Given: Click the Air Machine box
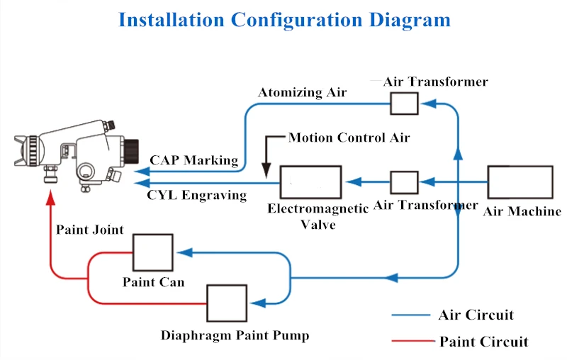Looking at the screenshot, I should pos(520,181).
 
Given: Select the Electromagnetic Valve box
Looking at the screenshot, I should pos(310,182).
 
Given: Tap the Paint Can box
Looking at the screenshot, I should pos(152,252).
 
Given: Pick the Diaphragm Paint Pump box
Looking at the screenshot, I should pos(227,303).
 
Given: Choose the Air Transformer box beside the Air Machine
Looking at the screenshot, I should pos(405,182).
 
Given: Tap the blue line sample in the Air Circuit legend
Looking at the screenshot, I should pos(410,315).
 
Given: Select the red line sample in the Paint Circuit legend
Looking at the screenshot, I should pos(412,342).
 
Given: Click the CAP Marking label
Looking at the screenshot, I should pos(194,160).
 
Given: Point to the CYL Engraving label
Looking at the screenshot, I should pos(197,195).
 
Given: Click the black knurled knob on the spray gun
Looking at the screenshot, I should pos(133,151).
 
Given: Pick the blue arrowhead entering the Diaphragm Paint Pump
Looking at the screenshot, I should pos(257,303).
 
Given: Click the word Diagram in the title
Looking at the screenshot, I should pos(407,19).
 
